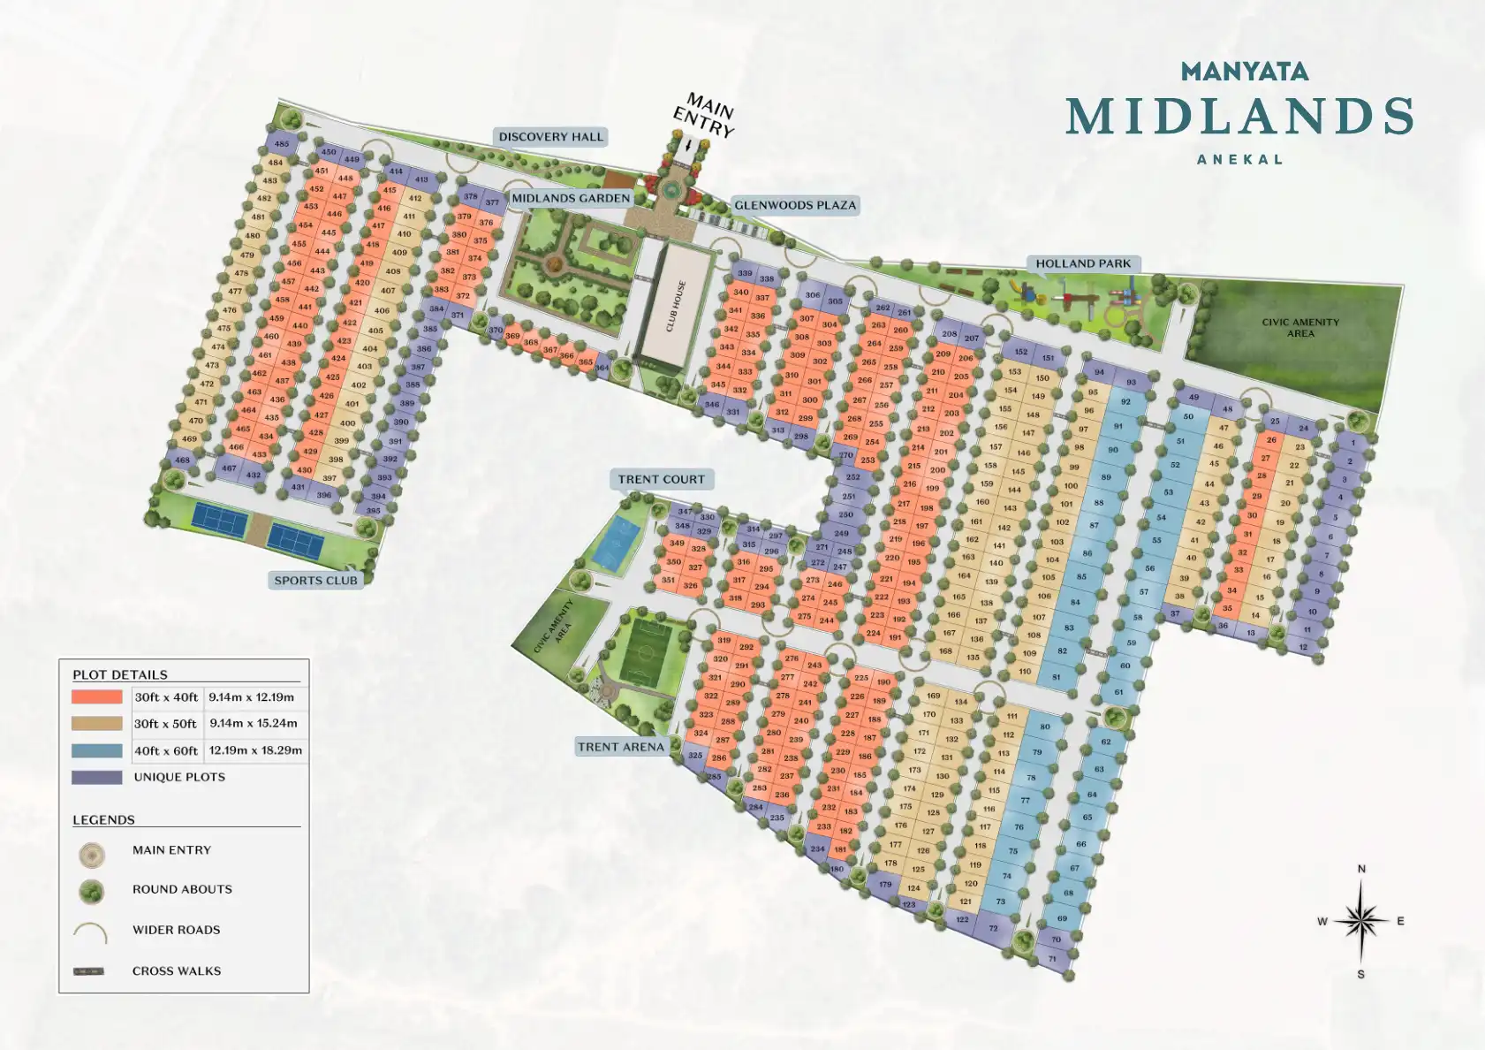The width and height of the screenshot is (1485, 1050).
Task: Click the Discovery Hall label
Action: tap(550, 137)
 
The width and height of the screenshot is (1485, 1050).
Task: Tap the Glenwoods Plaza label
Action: tap(795, 205)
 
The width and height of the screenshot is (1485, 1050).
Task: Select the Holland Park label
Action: tap(1083, 263)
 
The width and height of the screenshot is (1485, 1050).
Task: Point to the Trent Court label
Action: tap(661, 479)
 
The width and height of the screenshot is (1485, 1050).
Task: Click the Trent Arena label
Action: tap(620, 747)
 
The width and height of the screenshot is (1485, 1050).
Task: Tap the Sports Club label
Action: tap(315, 581)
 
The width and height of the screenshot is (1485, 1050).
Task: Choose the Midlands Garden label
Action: tap(571, 198)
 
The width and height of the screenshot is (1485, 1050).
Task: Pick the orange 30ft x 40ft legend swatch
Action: tap(97, 696)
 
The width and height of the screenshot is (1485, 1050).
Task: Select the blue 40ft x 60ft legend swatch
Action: tap(97, 750)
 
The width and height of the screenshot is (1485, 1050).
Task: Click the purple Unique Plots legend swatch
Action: tap(97, 778)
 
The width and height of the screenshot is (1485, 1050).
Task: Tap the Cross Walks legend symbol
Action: tap(88, 971)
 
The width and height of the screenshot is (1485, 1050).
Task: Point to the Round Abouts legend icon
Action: tap(91, 891)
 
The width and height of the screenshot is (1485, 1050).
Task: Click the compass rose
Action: tap(1360, 921)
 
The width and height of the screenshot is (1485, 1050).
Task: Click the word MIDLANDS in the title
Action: tap(1239, 117)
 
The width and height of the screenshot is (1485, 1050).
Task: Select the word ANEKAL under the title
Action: tap(1239, 160)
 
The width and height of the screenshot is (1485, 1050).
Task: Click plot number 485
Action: tap(282, 144)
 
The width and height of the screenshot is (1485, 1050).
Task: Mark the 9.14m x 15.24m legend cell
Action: tap(254, 723)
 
